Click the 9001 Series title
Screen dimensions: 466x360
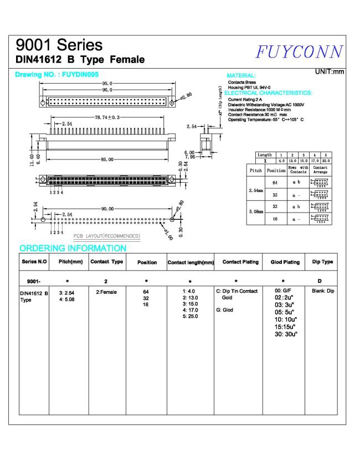click(59, 44)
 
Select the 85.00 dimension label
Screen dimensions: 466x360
click(107, 159)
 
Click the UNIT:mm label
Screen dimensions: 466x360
click(329, 72)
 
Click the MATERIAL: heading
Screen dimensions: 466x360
click(241, 75)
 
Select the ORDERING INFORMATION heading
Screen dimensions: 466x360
click(73, 248)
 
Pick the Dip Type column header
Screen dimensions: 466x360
click(323, 262)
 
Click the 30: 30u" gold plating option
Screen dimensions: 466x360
click(286, 335)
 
